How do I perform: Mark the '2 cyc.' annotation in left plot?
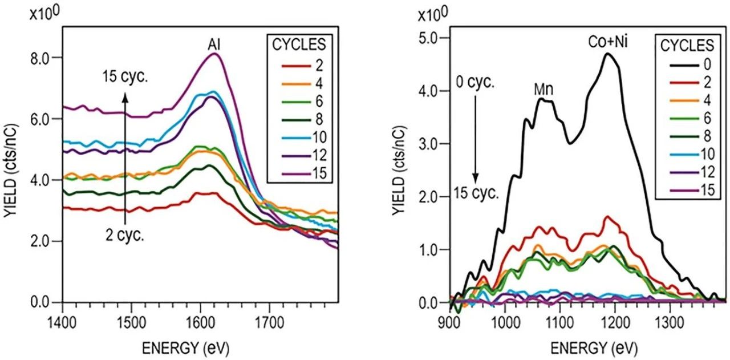(124, 236)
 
